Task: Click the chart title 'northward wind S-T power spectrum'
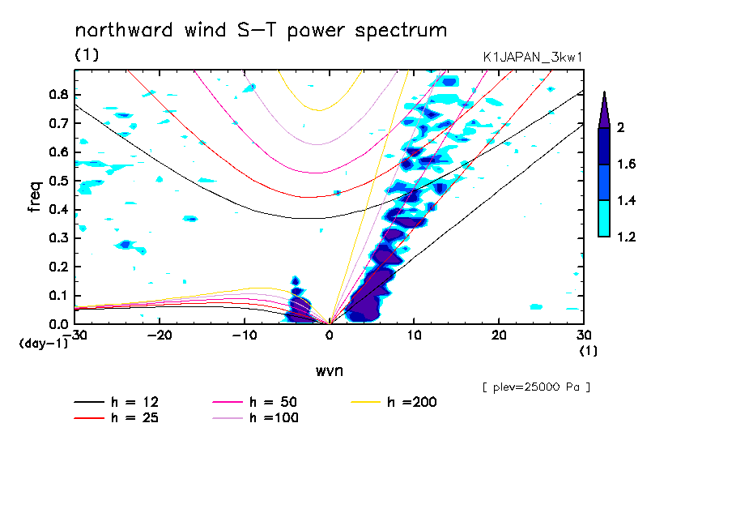click(260, 31)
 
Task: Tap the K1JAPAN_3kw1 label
click(531, 57)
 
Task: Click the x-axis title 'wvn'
click(329, 370)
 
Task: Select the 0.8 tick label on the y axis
click(57, 94)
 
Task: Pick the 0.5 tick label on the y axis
click(57, 181)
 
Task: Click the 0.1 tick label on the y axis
click(57, 296)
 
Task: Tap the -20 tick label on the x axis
click(160, 336)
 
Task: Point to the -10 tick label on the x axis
click(245, 336)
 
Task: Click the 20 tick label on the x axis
click(498, 336)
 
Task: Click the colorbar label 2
click(619, 128)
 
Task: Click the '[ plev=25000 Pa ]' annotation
click(536, 387)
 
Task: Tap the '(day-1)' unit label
click(42, 344)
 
